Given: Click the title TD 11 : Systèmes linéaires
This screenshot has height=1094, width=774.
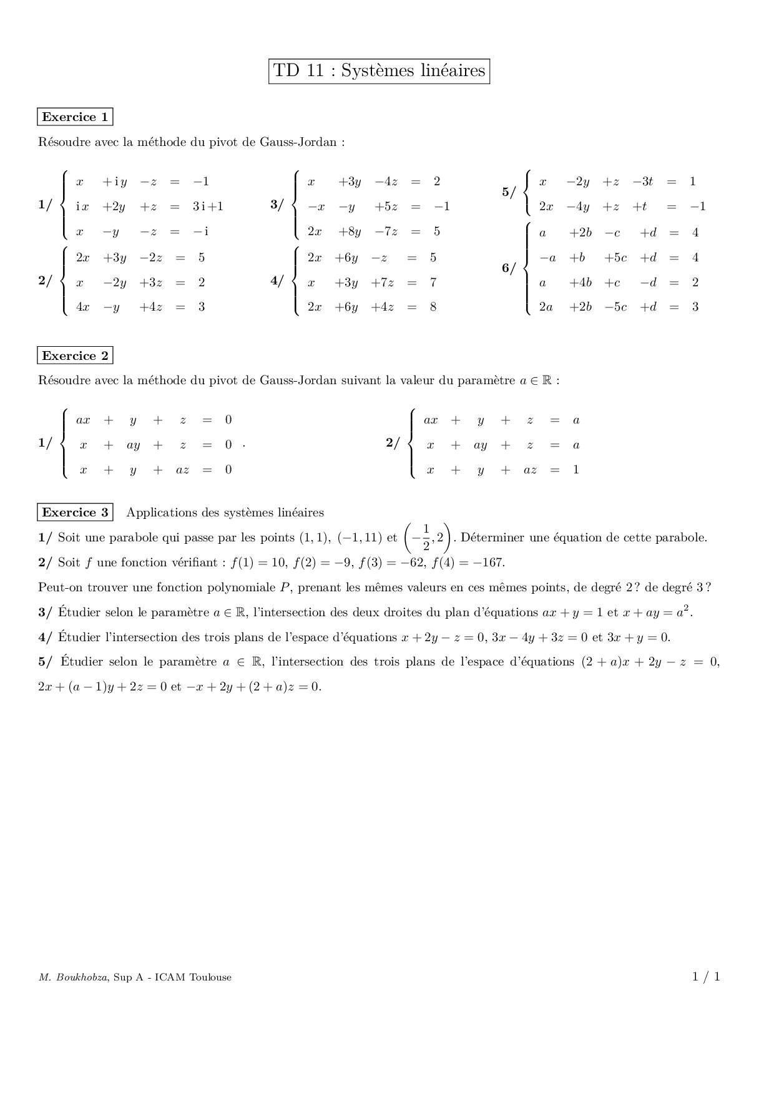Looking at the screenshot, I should pos(379,71).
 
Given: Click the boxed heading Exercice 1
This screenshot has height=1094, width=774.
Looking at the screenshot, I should pos(75,117).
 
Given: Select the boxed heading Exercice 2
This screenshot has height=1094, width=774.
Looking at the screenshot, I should pos(75,356).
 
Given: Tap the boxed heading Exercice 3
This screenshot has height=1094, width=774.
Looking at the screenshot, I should pos(75,513).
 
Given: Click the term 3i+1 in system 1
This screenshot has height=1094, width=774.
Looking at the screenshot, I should pos(208,206).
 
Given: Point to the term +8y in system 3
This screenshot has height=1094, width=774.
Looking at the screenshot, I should pos(350,231).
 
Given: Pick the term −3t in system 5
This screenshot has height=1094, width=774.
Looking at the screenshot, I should pos(642,182).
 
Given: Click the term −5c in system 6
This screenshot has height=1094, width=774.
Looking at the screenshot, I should pos(615,307).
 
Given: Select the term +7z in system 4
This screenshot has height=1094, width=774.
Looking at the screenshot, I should pos(382,283).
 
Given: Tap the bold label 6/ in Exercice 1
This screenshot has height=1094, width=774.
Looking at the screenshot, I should pos(509,269).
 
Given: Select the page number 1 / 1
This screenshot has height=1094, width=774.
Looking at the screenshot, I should pos(706,977).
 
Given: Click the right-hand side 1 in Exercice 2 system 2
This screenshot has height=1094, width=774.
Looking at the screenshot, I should pos(576,470).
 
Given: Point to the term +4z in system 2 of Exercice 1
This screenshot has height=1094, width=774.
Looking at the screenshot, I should pos(151,307).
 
